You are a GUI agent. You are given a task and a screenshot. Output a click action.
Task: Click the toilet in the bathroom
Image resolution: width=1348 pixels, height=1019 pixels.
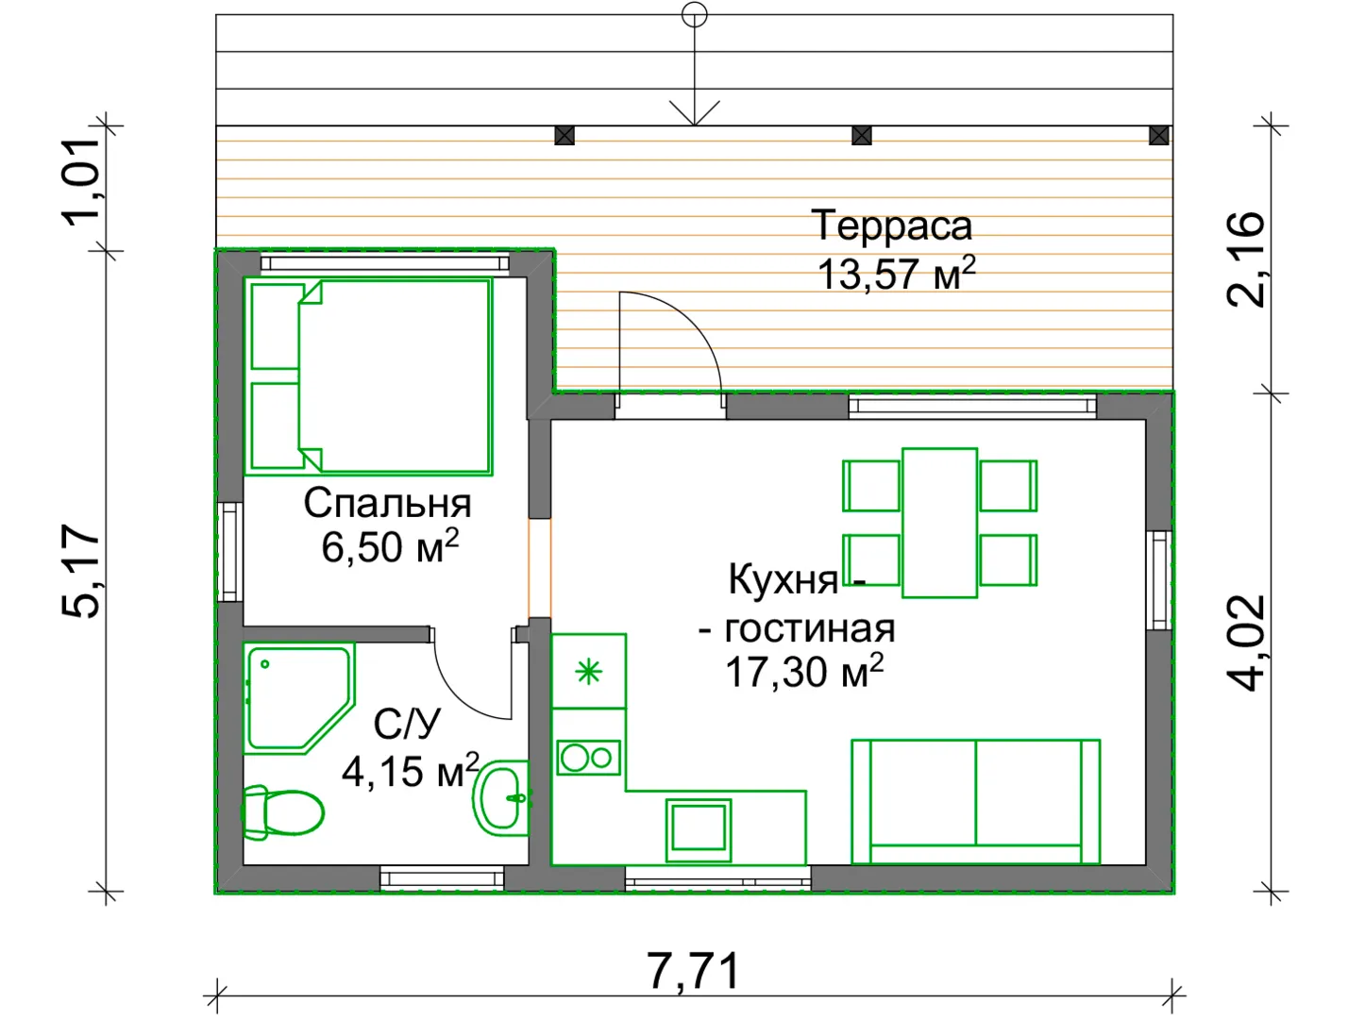(282, 812)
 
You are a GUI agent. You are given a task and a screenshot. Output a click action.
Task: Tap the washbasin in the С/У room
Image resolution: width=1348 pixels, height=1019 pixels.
(500, 798)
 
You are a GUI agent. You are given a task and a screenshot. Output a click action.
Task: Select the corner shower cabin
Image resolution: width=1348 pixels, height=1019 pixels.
(298, 698)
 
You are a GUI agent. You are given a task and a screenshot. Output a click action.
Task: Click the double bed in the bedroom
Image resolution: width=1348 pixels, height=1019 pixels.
(368, 376)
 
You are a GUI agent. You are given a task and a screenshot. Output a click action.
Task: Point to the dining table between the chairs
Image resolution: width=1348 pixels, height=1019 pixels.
(939, 523)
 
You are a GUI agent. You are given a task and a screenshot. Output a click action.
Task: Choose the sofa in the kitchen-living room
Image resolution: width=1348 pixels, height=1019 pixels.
(975, 802)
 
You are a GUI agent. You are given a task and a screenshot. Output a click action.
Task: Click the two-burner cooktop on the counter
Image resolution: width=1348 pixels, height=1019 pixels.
(588, 758)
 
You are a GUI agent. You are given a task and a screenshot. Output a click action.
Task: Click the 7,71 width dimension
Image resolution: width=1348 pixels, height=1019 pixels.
(693, 971)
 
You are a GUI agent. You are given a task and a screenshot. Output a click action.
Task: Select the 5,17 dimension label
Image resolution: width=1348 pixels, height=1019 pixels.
(80, 570)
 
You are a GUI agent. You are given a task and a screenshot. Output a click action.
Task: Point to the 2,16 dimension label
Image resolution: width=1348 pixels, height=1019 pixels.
(1245, 259)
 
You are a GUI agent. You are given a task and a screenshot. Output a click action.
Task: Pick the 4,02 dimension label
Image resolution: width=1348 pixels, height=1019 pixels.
(1245, 643)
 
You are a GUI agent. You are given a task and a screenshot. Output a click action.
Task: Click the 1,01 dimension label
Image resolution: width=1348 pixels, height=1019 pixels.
(80, 182)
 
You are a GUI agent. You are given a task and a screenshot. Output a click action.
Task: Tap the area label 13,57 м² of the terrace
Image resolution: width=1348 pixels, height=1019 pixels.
(896, 274)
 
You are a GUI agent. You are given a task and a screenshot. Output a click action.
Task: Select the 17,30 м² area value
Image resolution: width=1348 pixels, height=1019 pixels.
(804, 671)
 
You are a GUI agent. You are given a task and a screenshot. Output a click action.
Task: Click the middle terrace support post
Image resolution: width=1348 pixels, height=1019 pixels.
(861, 136)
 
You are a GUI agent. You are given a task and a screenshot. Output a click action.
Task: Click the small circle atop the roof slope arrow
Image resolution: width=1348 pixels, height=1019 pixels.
(694, 15)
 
